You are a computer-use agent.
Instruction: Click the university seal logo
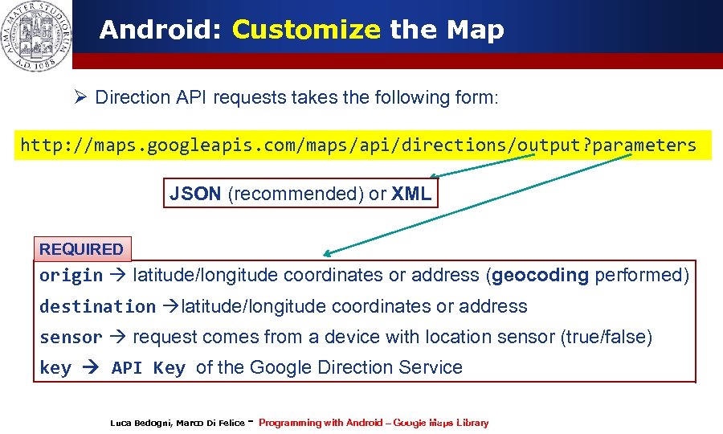point(35,36)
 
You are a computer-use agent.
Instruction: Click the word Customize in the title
point(305,31)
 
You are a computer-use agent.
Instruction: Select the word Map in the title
point(475,31)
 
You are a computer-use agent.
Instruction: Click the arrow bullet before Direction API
point(80,98)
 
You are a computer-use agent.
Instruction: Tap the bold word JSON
point(196,194)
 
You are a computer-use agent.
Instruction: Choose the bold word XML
point(411,194)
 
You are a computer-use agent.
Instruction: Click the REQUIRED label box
point(82,249)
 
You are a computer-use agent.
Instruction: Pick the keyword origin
point(71,276)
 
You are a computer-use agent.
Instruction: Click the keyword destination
point(97,307)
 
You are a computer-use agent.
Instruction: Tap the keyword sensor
point(71,338)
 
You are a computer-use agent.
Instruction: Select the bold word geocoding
point(540,275)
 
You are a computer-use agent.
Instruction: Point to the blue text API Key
point(149,368)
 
